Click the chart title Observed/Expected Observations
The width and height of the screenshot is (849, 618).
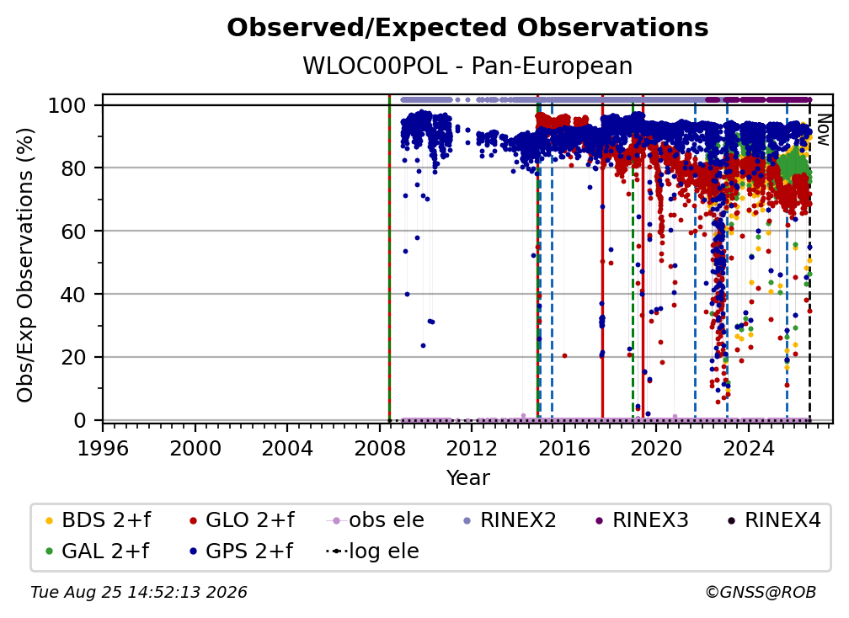coord(467,28)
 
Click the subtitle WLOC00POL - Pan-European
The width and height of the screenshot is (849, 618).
coord(467,66)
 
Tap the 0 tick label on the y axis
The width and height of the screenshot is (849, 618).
coord(80,420)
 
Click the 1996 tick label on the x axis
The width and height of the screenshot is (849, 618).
coord(103,449)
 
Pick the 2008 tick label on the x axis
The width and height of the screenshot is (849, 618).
coord(380,449)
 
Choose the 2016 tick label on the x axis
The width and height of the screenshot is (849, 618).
coord(564,449)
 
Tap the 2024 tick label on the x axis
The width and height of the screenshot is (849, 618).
coord(748,449)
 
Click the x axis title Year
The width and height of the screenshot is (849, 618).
coord(467,478)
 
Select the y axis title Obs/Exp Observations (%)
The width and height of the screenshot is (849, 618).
coord(25,265)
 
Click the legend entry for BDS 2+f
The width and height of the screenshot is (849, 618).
coord(98,520)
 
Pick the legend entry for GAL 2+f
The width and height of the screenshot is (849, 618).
coord(97,551)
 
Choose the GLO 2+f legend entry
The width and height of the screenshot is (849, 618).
coord(242,520)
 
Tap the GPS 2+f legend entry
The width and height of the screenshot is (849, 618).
coord(241,551)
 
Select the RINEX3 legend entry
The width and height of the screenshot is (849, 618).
coord(641,520)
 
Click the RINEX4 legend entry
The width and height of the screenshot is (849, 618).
coord(773,520)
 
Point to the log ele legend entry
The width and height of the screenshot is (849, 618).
coord(372,551)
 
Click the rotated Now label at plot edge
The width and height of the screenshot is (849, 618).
coord(823,130)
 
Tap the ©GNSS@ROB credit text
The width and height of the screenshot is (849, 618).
coord(761,593)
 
